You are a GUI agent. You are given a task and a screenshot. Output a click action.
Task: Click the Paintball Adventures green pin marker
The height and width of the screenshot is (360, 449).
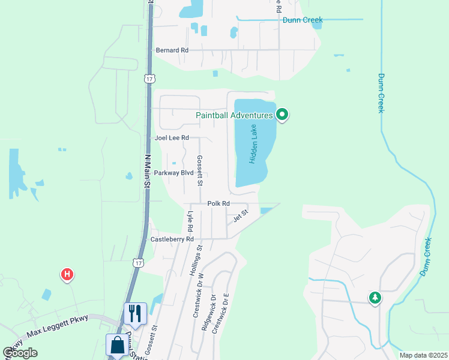coord(282,114)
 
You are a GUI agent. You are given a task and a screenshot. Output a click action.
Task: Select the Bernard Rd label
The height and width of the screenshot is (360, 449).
coord(172,50)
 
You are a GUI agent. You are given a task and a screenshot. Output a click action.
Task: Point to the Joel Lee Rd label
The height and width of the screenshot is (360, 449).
coord(172,138)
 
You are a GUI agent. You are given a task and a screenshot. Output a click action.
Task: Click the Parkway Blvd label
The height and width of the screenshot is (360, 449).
coord(174,173)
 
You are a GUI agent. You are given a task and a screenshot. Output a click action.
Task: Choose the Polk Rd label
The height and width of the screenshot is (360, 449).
coord(218,204)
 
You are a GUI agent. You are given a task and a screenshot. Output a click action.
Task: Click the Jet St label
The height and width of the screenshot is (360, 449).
coord(241,215)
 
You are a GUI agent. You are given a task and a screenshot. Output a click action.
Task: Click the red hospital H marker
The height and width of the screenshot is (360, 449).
coord(67,275)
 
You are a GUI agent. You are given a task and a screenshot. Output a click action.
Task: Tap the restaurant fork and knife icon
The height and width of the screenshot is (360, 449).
coord(134,313)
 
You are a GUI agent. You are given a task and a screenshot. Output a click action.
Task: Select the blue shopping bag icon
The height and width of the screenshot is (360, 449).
coord(116,345)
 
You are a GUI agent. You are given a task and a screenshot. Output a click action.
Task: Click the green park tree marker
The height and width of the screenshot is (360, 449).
coord(375,298)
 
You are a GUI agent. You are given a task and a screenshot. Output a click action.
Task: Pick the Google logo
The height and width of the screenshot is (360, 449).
coord(20,353)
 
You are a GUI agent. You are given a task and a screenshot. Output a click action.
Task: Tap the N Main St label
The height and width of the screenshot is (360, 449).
coord(147,171)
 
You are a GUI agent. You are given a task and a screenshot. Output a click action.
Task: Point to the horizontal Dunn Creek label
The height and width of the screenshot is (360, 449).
coord(303,20)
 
